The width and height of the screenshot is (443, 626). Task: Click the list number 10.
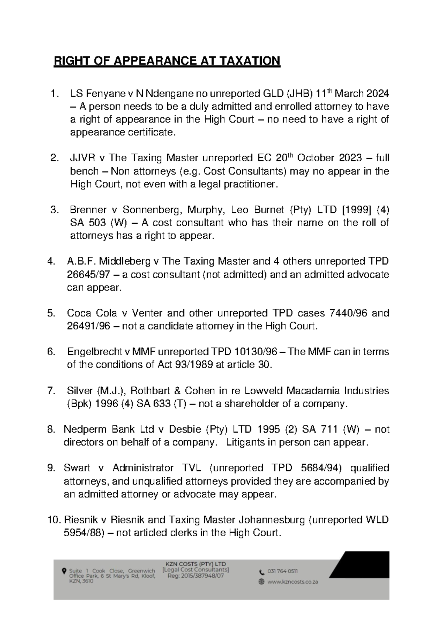54,520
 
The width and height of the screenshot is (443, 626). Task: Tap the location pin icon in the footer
64,571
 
